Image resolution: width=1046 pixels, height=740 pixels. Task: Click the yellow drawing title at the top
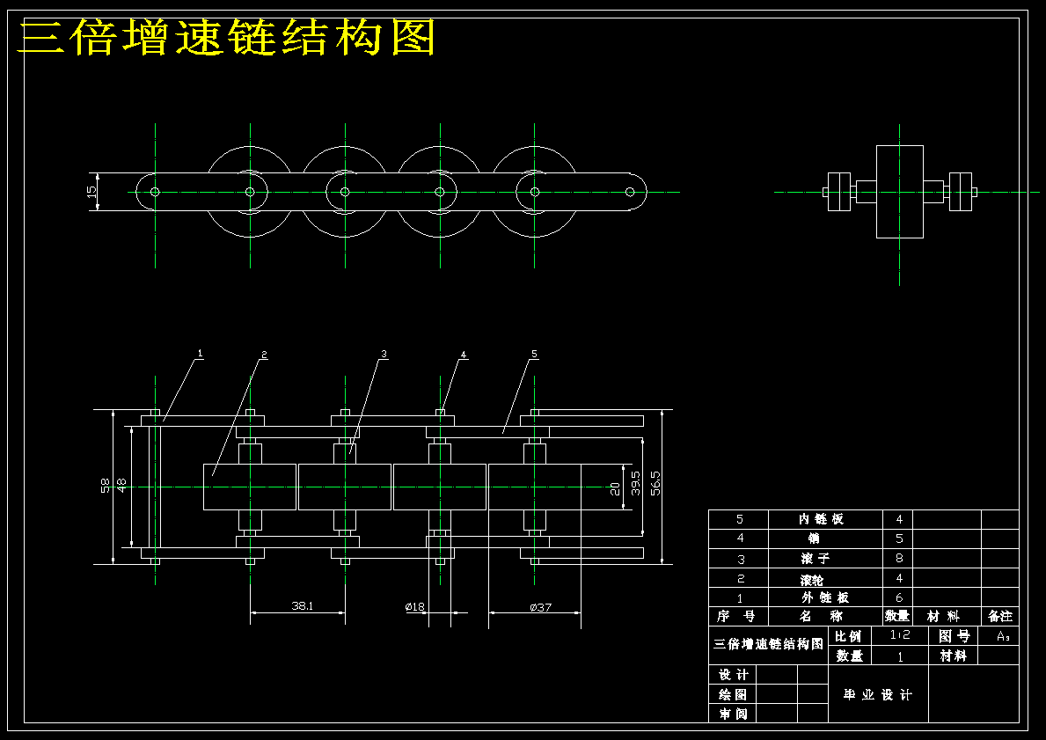[227, 38]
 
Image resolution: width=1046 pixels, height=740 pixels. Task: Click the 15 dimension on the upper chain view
[91, 192]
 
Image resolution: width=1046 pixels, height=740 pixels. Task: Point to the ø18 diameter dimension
[415, 606]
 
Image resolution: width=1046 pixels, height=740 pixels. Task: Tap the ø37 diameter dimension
[540, 606]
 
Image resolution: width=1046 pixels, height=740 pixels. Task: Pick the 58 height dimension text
[106, 485]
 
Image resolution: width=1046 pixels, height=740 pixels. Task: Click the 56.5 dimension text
[655, 483]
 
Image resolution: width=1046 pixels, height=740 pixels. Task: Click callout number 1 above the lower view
[200, 353]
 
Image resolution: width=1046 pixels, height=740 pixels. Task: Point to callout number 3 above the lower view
[384, 354]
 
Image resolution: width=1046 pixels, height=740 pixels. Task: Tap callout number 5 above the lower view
[534, 354]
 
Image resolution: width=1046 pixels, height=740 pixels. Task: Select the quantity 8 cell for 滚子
[898, 559]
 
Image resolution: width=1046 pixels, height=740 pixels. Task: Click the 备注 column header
[999, 617]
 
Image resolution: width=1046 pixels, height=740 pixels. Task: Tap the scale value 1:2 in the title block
[899, 635]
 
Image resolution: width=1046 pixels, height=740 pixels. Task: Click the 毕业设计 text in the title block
[878, 695]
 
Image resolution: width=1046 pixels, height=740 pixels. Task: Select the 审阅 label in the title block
[732, 714]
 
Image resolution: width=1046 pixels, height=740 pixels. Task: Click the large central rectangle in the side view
[899, 191]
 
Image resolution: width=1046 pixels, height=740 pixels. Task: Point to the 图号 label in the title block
[954, 635]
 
